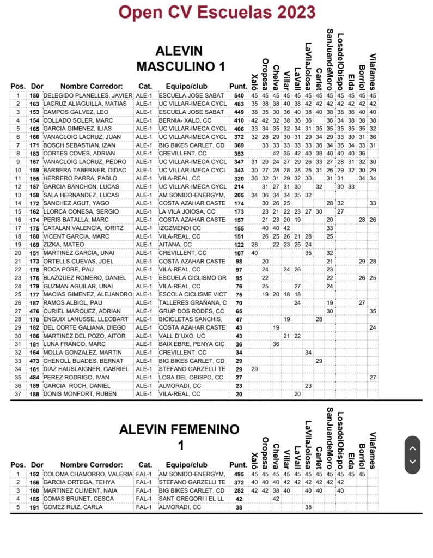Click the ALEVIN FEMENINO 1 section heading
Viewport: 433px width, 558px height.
180,437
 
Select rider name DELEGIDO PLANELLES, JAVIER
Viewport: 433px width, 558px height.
95,95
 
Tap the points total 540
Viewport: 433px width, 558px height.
239,95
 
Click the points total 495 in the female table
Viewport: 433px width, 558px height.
239,474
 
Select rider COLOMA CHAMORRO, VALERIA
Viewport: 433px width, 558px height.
95,474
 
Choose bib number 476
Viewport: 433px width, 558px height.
34,311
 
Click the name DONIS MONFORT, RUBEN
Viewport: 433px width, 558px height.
73,394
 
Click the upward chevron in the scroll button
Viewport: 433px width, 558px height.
412,448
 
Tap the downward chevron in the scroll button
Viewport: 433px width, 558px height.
412,462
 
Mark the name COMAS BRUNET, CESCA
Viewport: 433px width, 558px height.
70,499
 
